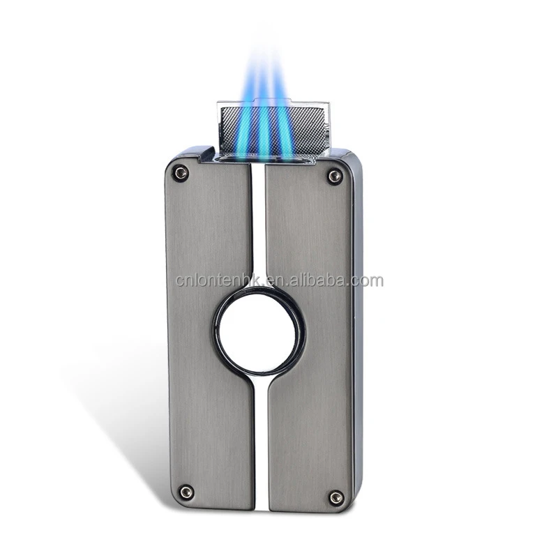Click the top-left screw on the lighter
point(181,172)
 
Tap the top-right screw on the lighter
point(335,176)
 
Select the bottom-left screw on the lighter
point(186,492)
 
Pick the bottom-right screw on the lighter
point(336,497)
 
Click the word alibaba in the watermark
point(317,281)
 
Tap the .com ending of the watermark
point(368,281)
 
